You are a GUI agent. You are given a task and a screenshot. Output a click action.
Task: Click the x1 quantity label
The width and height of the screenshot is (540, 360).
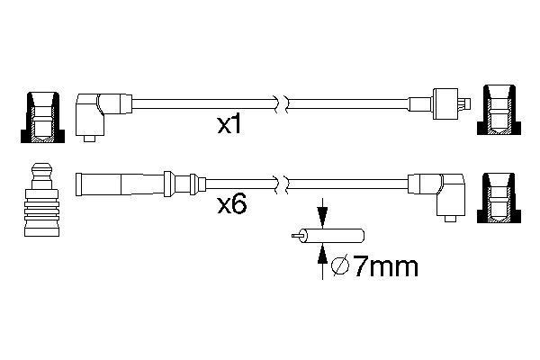point(229,125)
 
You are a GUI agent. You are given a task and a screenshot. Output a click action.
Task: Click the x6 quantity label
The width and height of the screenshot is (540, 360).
point(232,205)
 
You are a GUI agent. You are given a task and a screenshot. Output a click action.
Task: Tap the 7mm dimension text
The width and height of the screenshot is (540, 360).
point(386,266)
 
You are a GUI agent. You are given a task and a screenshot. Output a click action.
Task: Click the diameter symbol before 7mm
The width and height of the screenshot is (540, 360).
point(340,266)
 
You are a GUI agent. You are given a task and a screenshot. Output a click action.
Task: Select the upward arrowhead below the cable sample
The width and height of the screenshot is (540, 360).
point(322,253)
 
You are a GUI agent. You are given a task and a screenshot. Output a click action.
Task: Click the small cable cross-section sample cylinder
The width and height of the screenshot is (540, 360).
point(331,236)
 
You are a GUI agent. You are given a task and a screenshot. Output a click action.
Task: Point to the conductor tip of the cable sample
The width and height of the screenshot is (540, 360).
point(296,236)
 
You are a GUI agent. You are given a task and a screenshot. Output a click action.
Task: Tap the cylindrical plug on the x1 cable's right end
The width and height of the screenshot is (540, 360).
point(445,103)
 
